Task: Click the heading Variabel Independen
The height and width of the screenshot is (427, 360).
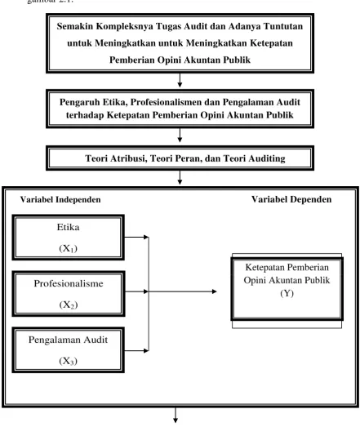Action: (60, 199)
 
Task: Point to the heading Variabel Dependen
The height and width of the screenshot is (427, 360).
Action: (291, 199)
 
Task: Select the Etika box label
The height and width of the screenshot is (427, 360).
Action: (68, 227)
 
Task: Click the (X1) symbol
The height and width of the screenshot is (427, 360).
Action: (68, 248)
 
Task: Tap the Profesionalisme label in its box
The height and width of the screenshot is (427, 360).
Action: (69, 283)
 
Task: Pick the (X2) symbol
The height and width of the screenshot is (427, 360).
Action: (69, 305)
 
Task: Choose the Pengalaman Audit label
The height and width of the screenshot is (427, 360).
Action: (68, 340)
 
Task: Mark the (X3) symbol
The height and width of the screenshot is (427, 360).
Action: (68, 361)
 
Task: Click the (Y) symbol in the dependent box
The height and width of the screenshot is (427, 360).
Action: (287, 293)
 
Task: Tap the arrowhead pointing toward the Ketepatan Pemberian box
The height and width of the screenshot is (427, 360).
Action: (215, 291)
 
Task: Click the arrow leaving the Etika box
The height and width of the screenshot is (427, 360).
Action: (136, 238)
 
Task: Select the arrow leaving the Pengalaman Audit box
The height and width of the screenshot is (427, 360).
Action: (136, 351)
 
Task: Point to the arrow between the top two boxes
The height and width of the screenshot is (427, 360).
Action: (180, 80)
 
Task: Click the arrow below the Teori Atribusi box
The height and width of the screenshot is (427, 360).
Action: (180, 177)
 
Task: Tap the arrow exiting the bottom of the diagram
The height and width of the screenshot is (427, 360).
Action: (176, 416)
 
